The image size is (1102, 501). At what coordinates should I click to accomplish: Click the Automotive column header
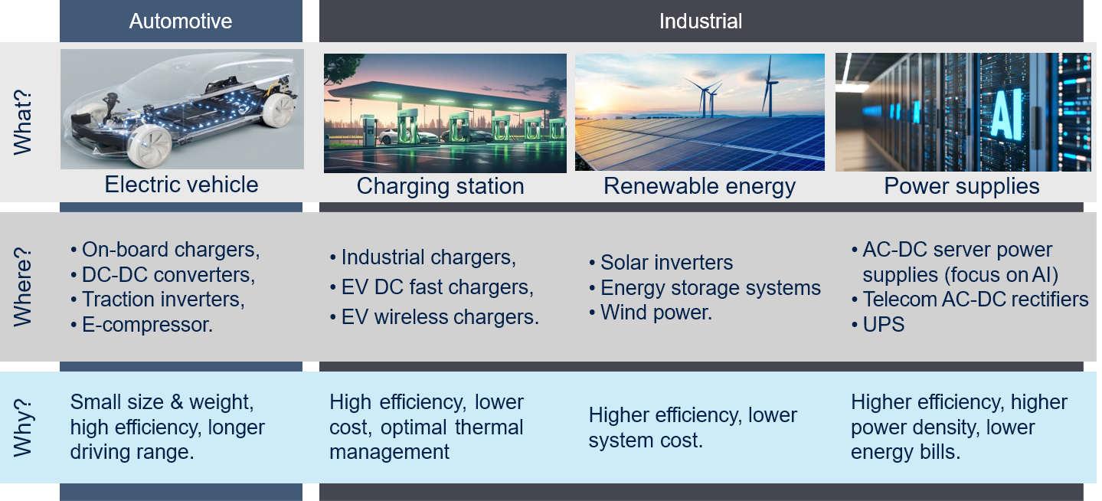pos(181,21)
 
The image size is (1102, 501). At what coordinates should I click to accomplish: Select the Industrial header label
pos(701,21)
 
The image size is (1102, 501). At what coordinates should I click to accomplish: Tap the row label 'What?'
pos(23,122)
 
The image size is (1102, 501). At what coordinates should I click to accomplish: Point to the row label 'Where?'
pos(23,287)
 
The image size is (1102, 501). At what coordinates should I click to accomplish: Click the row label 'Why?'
pos(23,427)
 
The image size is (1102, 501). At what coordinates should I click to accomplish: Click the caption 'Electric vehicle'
pos(181,185)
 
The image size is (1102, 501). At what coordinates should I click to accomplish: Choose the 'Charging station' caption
pos(440,186)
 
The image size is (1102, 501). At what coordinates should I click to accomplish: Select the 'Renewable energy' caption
pos(700,186)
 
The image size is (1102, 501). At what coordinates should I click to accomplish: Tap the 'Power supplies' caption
pos(962,186)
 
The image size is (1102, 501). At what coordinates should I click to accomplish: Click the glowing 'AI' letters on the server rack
pos(1006,114)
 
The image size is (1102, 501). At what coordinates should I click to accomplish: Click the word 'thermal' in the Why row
pos(489,427)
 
